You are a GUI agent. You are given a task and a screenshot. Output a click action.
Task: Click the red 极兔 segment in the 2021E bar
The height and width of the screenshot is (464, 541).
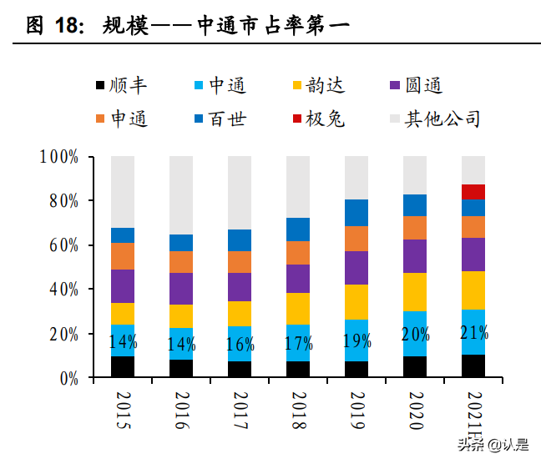473,192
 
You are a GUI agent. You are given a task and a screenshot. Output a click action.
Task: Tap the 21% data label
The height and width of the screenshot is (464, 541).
473,335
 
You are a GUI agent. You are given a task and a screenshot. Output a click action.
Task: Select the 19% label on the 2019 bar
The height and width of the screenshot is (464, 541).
356,341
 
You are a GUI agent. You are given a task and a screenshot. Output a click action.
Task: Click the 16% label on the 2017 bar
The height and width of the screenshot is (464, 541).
240,344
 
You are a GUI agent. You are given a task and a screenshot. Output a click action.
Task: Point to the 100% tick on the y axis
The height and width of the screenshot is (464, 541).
58,157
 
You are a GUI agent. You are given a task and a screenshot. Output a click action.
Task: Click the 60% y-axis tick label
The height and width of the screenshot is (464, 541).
62,245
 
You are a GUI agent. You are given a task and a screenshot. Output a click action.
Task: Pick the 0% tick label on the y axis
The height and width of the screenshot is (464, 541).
68,378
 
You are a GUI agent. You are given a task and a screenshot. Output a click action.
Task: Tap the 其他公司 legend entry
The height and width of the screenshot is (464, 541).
434,119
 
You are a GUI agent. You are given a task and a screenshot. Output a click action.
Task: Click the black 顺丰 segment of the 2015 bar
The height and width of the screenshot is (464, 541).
123,367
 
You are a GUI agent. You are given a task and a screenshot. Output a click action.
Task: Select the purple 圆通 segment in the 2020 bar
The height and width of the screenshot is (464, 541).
415,256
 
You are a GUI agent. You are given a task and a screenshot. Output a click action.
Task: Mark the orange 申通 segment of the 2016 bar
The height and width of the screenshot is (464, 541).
181,262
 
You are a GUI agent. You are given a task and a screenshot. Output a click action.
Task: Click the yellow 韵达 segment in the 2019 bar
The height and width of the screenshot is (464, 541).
356,302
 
